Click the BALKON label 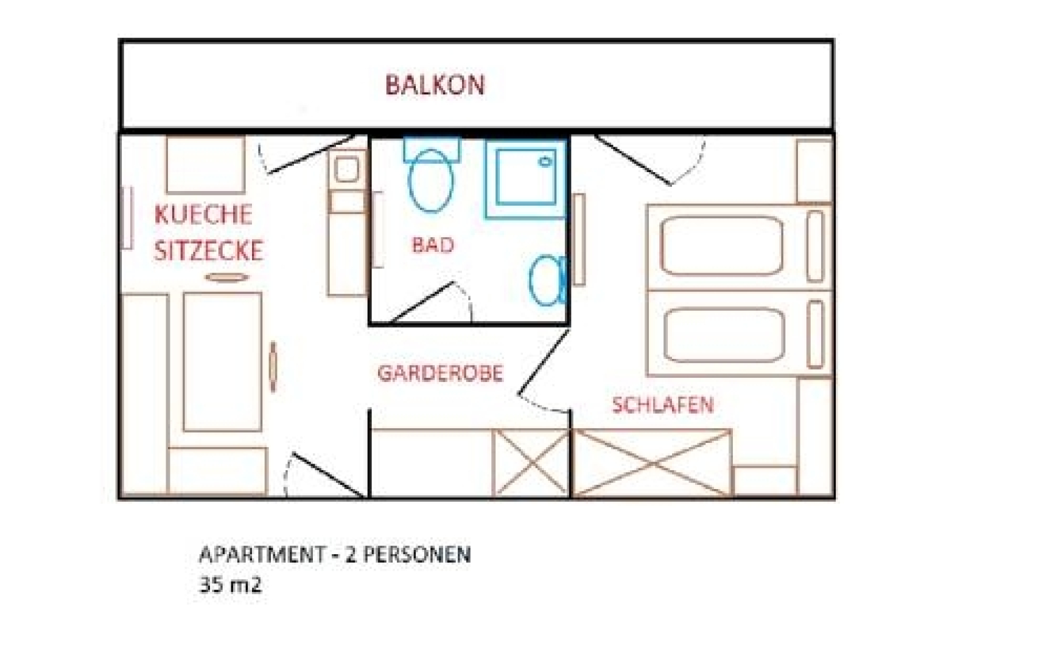tap(435, 85)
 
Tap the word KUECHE tap(203, 215)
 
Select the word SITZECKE tap(208, 251)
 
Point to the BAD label tap(433, 245)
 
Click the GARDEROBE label tap(440, 373)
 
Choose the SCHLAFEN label tap(662, 405)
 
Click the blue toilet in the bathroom tap(431, 179)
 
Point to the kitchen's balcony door tap(304, 156)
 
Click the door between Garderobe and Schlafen tap(543, 365)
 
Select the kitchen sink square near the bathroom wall tap(346, 170)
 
